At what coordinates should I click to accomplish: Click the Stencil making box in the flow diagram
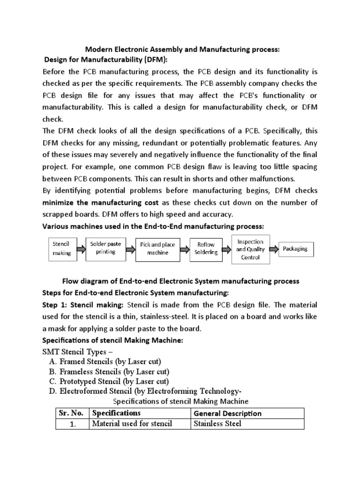[61, 248]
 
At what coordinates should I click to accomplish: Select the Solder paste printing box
[105, 248]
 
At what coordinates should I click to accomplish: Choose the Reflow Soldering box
[206, 248]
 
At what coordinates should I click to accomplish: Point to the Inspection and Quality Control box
[250, 249]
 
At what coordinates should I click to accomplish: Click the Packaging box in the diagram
[295, 249]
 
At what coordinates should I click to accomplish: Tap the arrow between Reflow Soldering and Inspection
[226, 249]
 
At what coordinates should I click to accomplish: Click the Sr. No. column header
[70, 413]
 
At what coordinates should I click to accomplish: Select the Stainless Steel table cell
[217, 424]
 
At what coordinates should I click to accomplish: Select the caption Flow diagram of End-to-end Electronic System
[180, 281]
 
